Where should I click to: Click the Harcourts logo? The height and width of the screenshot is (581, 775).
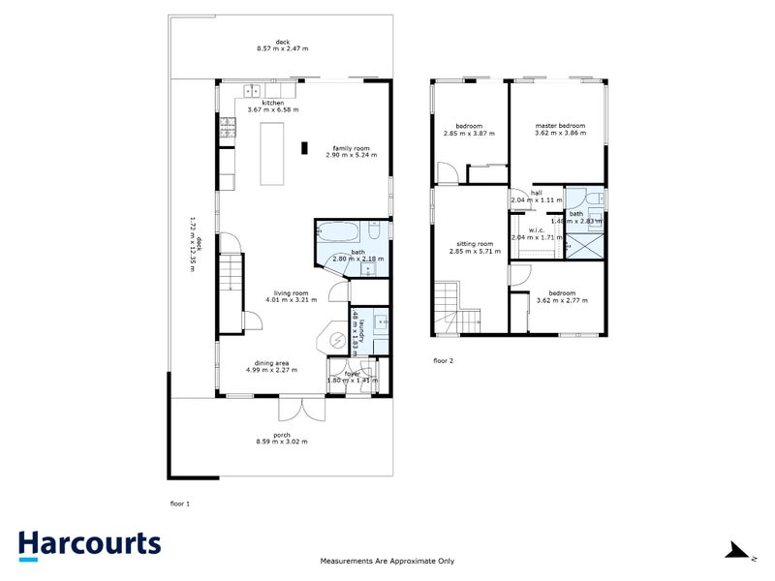(x=89, y=544)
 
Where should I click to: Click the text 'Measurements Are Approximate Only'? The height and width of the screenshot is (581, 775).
(x=387, y=561)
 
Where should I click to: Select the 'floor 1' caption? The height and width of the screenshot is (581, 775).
(x=180, y=505)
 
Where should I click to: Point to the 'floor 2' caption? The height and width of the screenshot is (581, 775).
(x=443, y=360)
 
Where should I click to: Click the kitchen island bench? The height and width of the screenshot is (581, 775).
(x=273, y=154)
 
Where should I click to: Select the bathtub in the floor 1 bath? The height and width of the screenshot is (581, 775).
(x=339, y=233)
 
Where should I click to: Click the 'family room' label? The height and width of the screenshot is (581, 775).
(x=347, y=148)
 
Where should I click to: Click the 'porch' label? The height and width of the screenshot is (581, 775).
(x=281, y=435)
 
